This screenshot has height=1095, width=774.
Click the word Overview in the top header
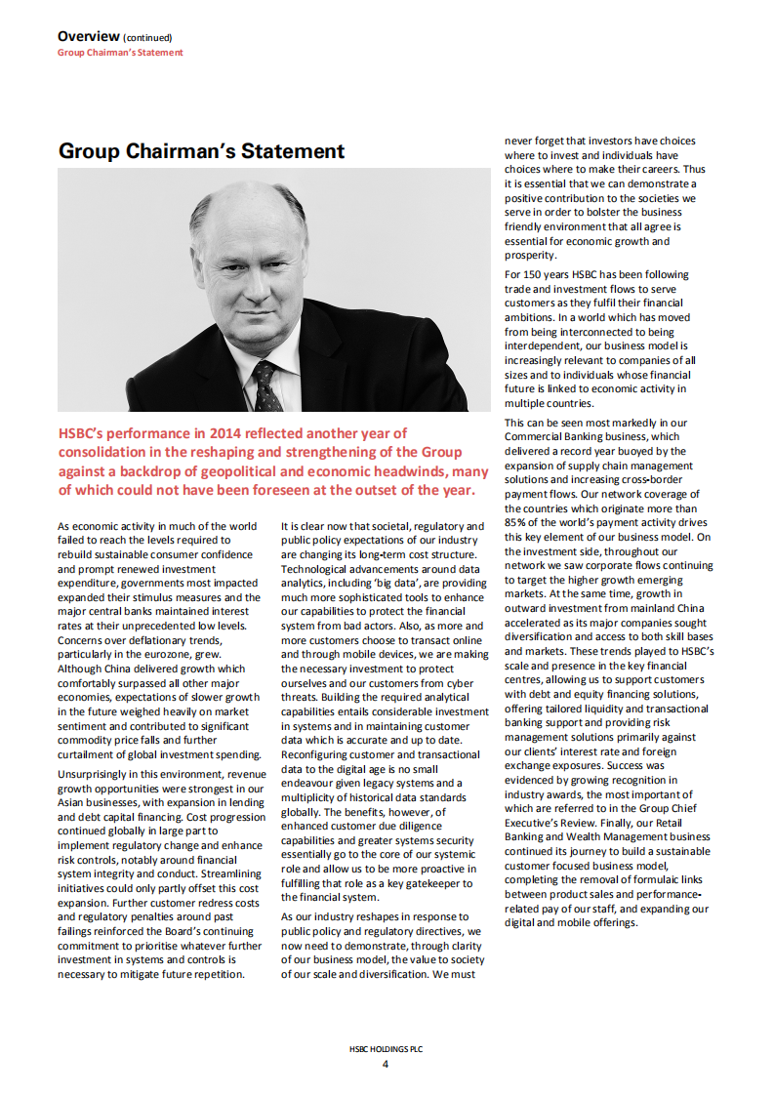(88, 36)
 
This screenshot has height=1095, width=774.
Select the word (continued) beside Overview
(146, 37)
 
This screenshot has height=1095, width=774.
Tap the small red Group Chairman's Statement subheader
(120, 53)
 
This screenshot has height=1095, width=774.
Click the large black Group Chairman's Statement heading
(201, 151)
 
